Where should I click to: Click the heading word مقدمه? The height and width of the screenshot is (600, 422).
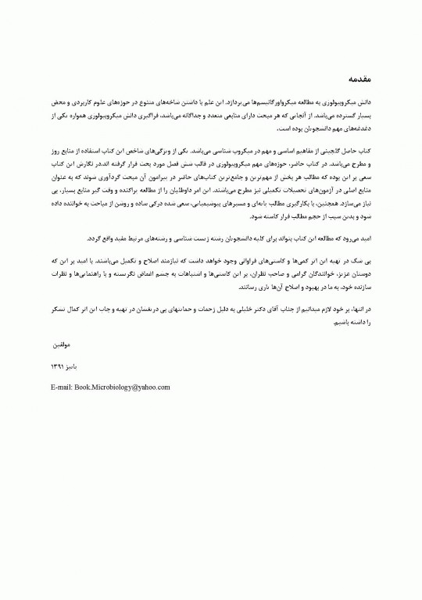click(357, 80)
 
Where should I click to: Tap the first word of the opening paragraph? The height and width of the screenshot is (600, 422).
click(363, 102)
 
